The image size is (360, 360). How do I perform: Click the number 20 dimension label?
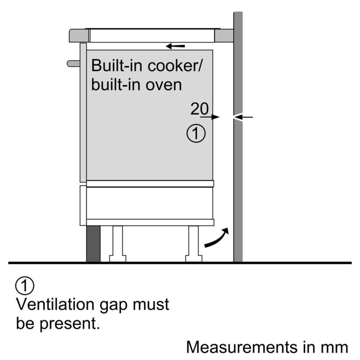[200, 109]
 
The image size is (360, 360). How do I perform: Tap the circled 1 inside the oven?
[196, 134]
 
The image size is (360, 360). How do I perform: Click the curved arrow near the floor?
[216, 239]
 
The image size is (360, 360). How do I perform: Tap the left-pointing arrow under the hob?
[175, 46]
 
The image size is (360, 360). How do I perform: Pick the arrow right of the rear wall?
[244, 117]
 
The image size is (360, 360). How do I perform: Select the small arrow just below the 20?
[210, 117]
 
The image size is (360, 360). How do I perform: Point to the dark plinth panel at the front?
[93, 244]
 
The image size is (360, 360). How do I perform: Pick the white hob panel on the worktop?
[152, 35]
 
